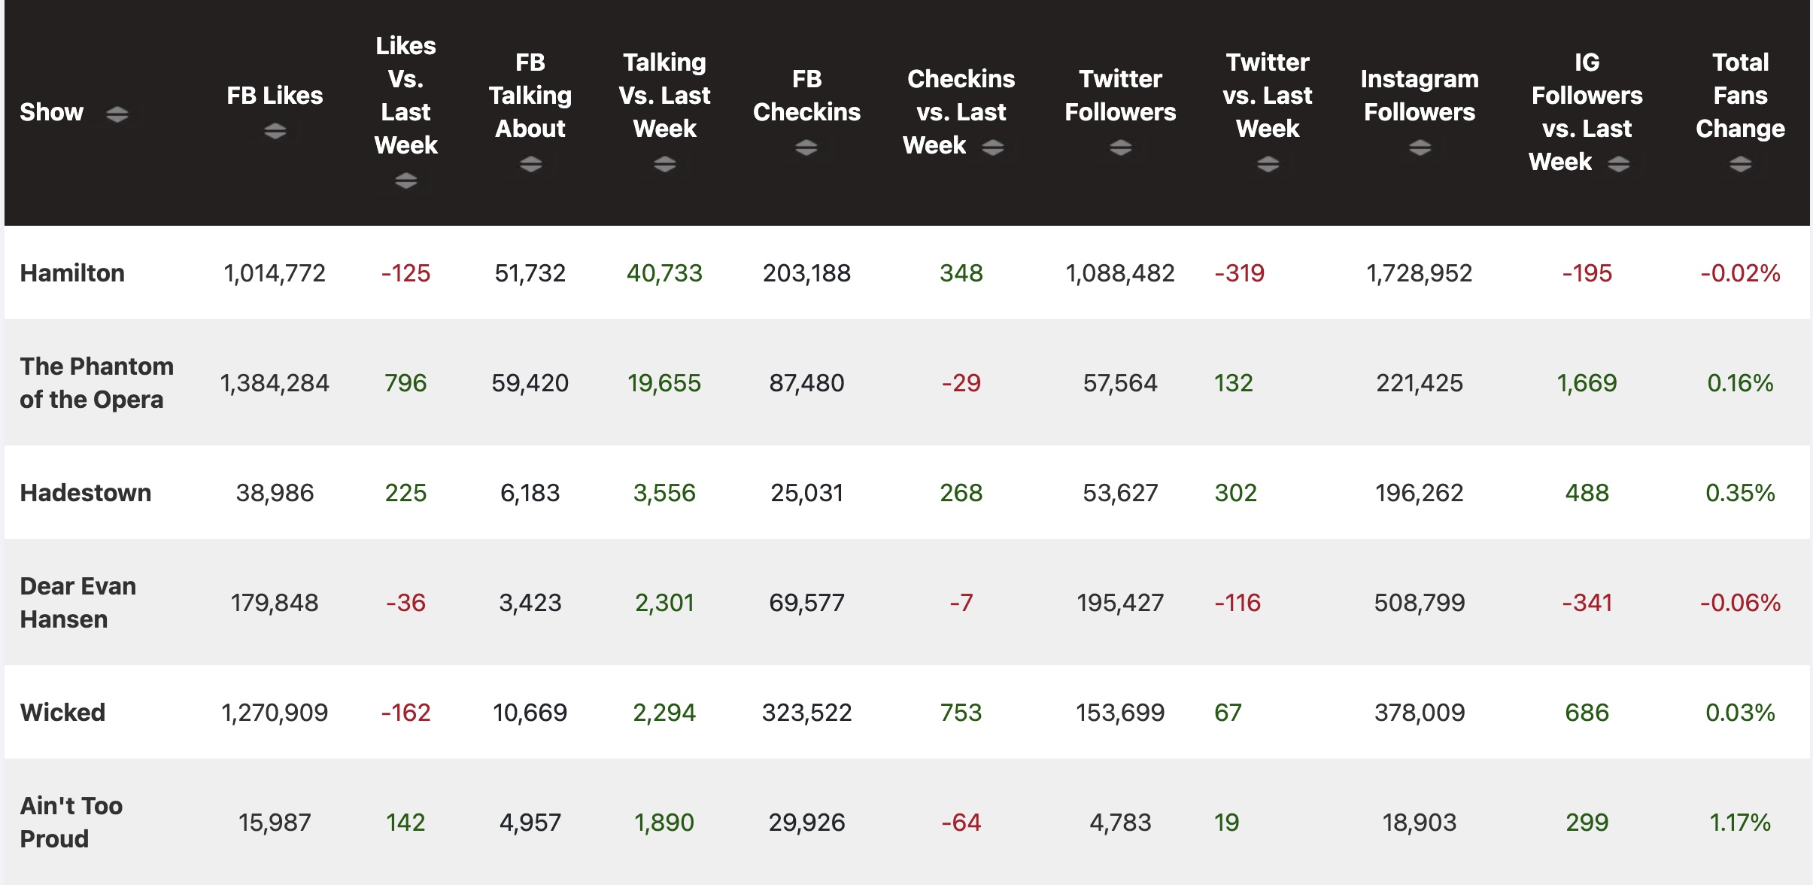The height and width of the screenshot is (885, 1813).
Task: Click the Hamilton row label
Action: coord(72,272)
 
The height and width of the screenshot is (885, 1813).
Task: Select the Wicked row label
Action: coord(62,712)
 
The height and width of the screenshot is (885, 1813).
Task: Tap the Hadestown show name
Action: coord(85,492)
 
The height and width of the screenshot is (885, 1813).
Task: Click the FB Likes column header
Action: coord(275,96)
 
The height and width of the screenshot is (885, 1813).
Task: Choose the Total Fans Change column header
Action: coord(1739,96)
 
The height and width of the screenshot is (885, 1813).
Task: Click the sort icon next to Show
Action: coord(117,114)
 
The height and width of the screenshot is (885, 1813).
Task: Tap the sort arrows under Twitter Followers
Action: coord(1120,147)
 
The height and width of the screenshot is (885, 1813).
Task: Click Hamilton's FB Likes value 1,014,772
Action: coord(275,272)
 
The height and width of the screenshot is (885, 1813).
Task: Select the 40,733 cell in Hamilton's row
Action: coord(664,272)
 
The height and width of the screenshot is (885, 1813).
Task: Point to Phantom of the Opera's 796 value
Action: coord(405,382)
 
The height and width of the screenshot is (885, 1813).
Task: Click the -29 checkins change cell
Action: coord(961,382)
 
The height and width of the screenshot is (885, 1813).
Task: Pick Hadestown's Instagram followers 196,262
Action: coord(1419,492)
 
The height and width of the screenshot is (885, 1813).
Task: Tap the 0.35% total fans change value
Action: coord(1739,492)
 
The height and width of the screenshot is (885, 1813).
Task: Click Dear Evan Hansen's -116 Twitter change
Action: coord(1238,602)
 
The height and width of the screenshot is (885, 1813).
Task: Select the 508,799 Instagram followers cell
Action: coord(1419,602)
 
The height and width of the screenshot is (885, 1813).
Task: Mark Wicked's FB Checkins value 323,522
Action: coord(806,712)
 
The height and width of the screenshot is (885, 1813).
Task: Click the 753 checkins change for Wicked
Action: coord(961,712)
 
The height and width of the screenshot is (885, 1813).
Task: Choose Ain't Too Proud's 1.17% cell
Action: coord(1739,822)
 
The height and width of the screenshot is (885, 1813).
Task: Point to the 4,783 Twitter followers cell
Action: coord(1120,822)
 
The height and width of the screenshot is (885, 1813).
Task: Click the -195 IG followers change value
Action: coord(1587,272)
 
